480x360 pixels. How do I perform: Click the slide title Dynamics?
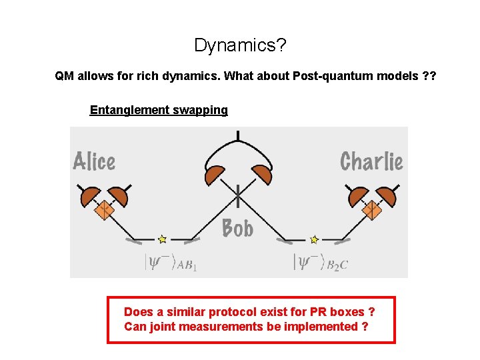[240, 45]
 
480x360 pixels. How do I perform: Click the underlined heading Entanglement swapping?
[159, 110]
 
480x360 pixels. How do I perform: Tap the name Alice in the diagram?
[94, 162]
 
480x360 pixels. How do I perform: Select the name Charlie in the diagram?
[371, 161]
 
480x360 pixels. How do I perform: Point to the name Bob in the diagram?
[237, 229]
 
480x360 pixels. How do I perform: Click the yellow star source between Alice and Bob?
[162, 238]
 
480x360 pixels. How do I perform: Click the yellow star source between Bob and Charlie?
[314, 239]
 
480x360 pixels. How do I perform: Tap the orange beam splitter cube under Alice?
[103, 211]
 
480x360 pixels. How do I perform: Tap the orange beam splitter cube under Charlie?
[371, 211]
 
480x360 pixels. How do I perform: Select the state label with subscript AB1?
[171, 262]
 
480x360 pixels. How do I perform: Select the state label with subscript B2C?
[321, 262]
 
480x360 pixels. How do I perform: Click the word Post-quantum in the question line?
[324, 76]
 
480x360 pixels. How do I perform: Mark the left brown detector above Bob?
[215, 175]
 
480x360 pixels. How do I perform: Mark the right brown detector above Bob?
[261, 175]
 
